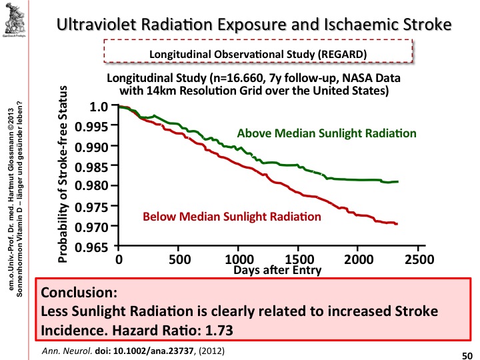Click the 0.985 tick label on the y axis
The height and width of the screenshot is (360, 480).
tap(94, 165)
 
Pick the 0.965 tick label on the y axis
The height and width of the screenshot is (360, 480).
tap(94, 247)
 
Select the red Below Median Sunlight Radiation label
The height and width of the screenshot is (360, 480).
tap(232, 216)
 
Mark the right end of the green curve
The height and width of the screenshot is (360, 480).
tap(398, 181)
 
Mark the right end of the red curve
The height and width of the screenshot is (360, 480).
tap(397, 224)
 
